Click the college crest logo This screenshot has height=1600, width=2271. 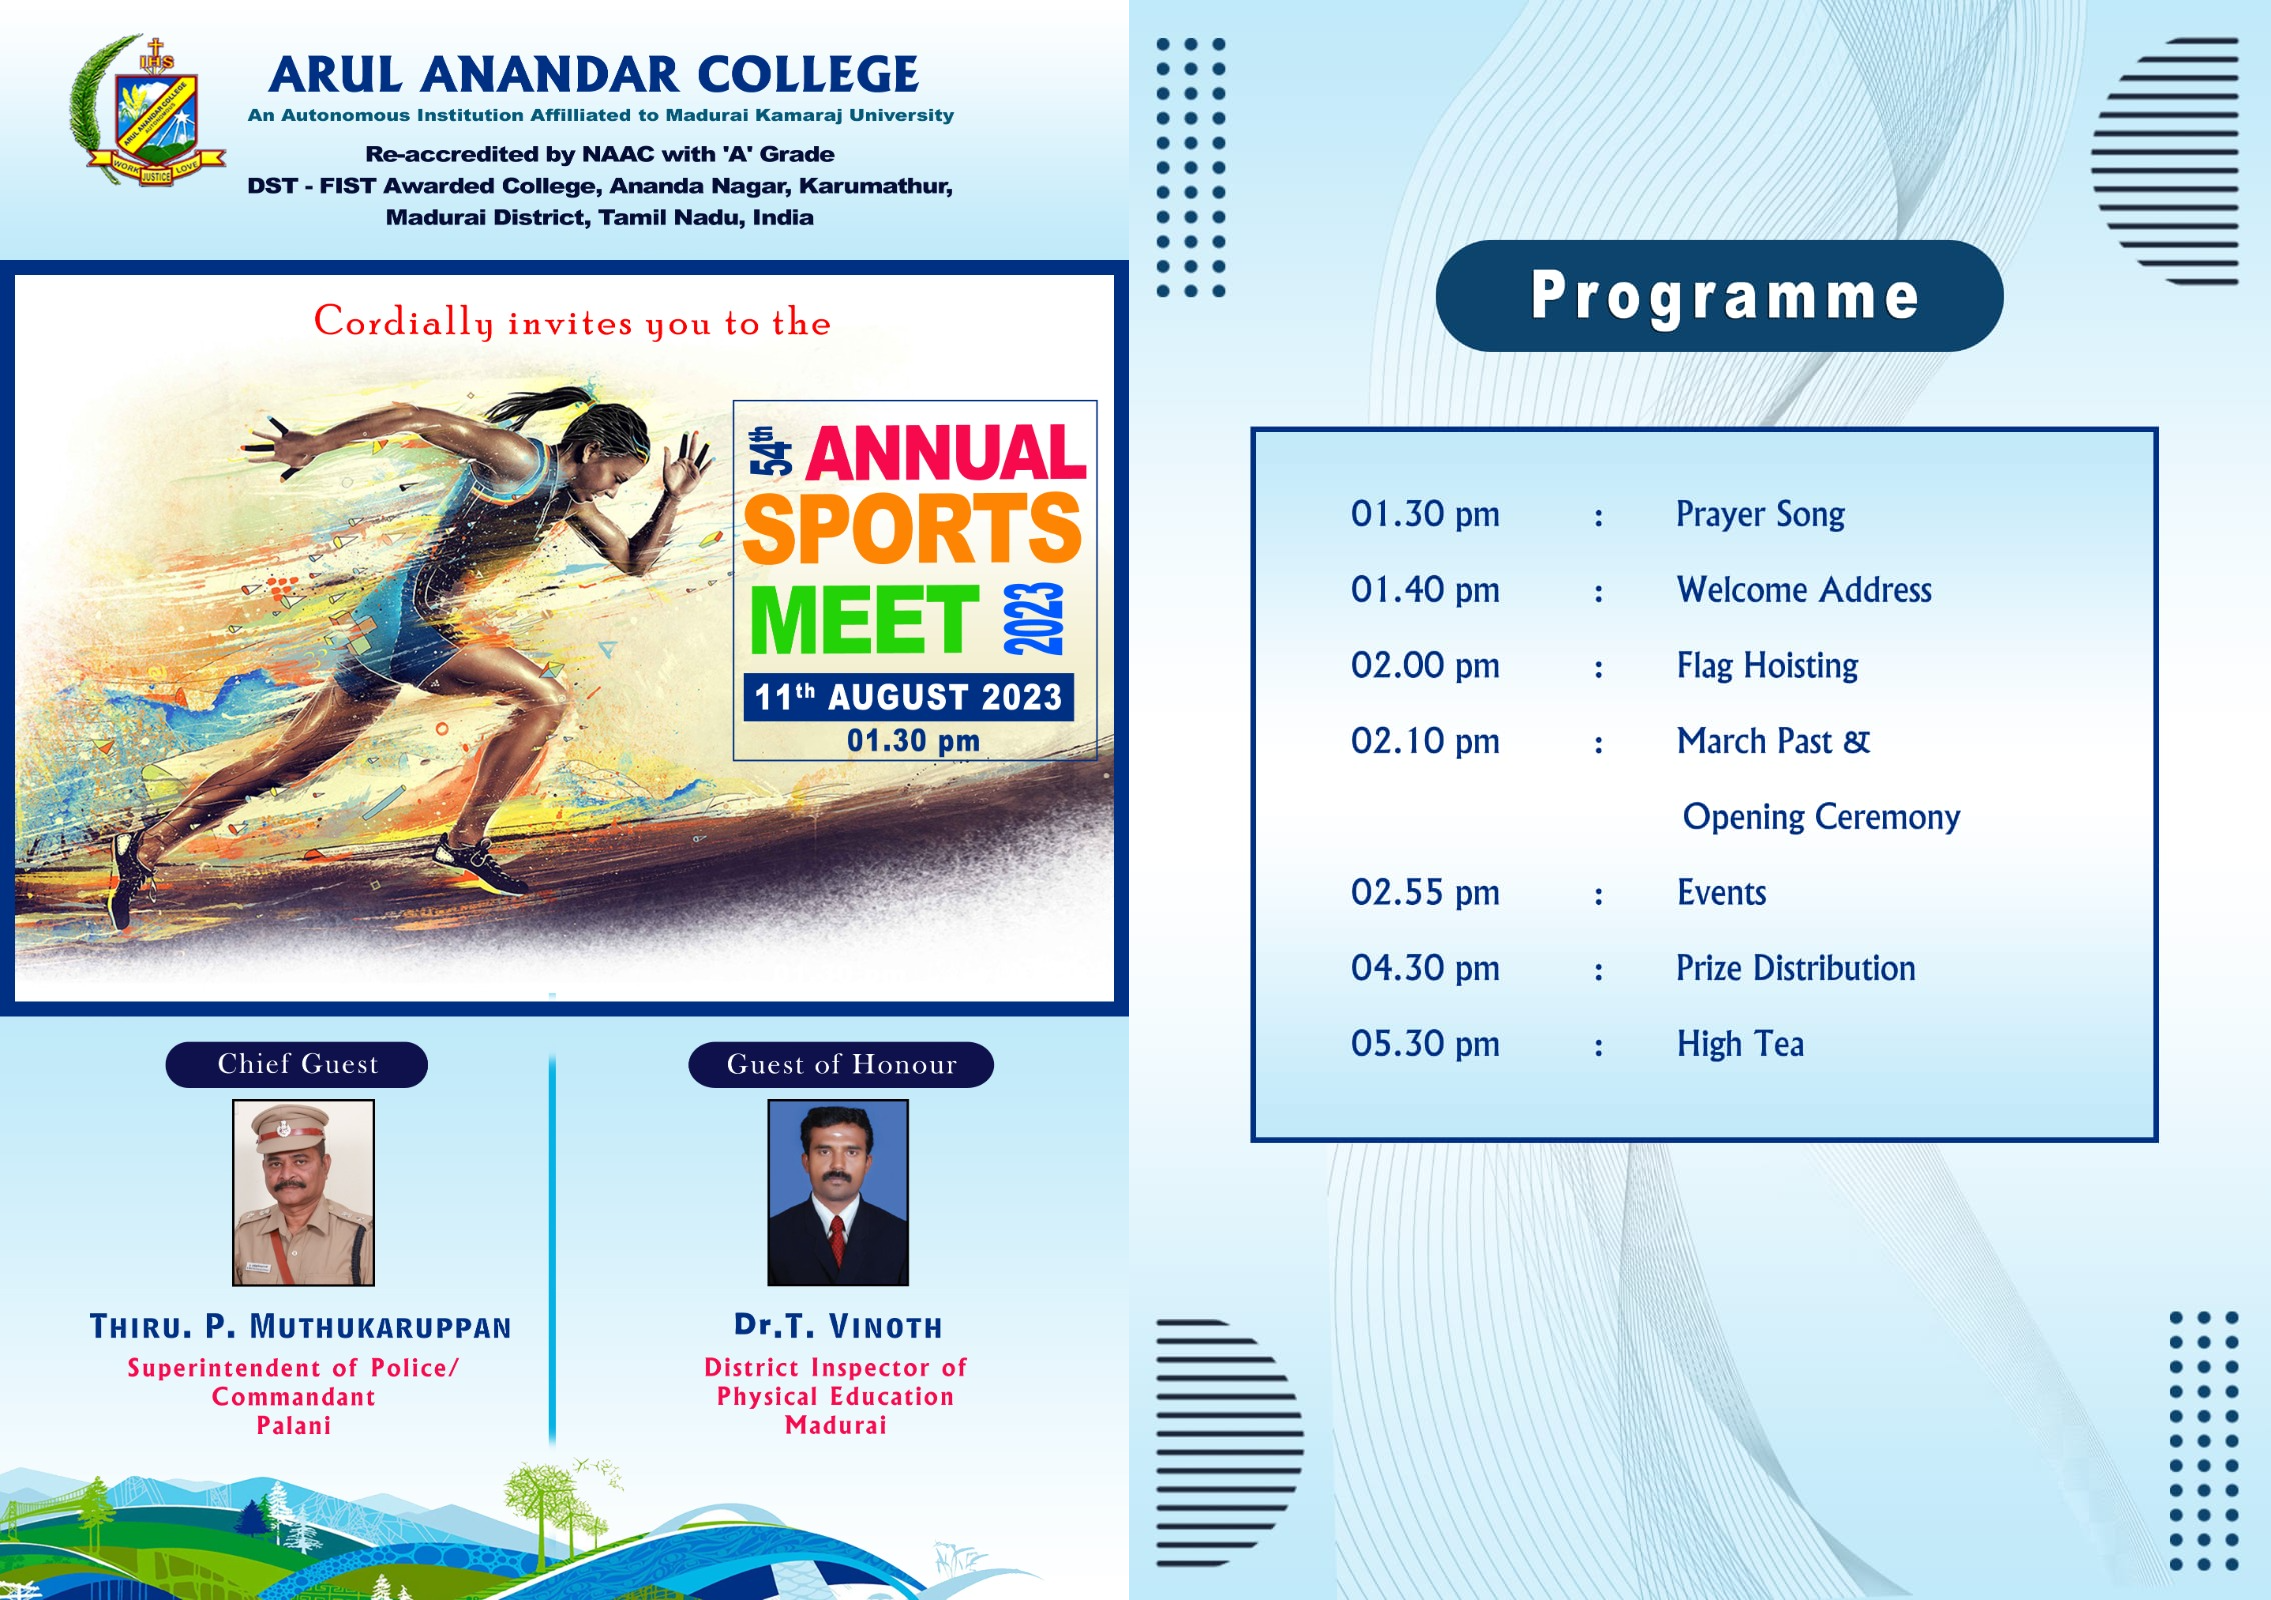pyautogui.click(x=148, y=112)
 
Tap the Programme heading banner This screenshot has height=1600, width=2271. pyautogui.click(x=1719, y=296)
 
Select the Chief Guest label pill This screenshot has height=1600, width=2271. pyautogui.click(x=297, y=1064)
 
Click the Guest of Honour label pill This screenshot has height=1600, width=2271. pyautogui.click(x=841, y=1064)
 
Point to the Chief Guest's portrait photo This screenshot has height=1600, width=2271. pyautogui.click(x=303, y=1192)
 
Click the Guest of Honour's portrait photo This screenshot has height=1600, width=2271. pyautogui.click(x=838, y=1192)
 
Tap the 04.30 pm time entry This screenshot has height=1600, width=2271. pyautogui.click(x=1425, y=968)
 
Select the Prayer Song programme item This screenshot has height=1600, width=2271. pyautogui.click(x=1760, y=515)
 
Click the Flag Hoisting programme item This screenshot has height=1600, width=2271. pyautogui.click(x=1767, y=666)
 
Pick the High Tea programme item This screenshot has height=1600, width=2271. pyautogui.click(x=1740, y=1044)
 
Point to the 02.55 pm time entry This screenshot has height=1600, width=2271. pyautogui.click(x=1425, y=892)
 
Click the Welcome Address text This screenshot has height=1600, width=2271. pyautogui.click(x=1804, y=590)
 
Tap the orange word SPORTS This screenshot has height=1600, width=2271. pyautogui.click(x=912, y=529)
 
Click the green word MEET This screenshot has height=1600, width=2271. pyautogui.click(x=864, y=619)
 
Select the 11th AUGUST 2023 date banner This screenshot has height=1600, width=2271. pyautogui.click(x=908, y=697)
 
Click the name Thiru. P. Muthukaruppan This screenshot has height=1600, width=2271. pyautogui.click(x=300, y=1327)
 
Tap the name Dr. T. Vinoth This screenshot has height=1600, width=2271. pyautogui.click(x=838, y=1326)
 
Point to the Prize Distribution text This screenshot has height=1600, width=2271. pyautogui.click(x=1795, y=968)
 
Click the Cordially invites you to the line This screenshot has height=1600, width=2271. pyautogui.click(x=572, y=322)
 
